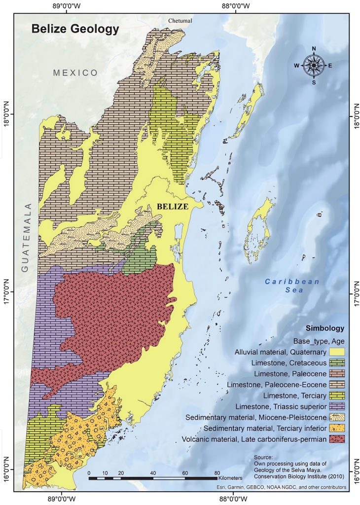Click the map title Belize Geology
(75, 29)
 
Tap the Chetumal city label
(180, 21)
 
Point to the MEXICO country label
(76, 72)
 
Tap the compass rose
(314, 65)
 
